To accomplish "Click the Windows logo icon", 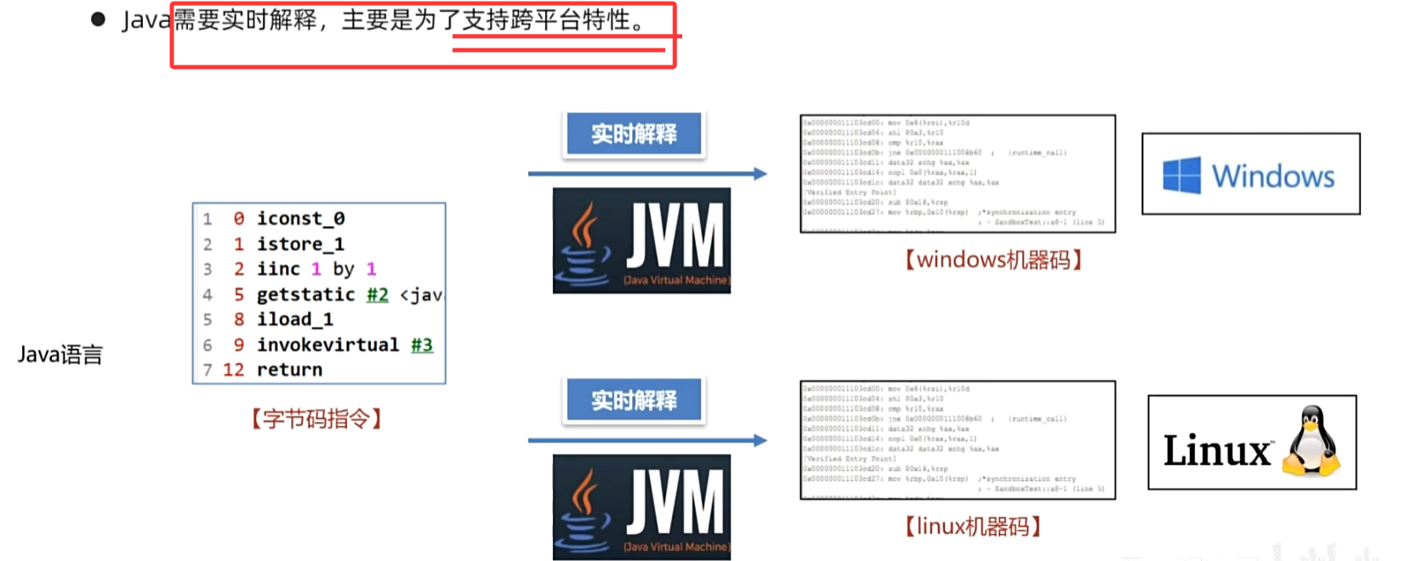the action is click(x=1182, y=175).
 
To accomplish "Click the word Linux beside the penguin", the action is click(x=1217, y=450).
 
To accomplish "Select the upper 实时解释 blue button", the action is click(x=634, y=134).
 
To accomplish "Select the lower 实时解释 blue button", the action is click(x=634, y=400).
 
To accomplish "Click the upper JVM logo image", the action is click(x=641, y=241).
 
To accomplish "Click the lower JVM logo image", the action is click(x=641, y=507).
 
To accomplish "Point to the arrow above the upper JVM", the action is click(x=646, y=173).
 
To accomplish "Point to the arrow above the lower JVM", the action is click(x=646, y=440).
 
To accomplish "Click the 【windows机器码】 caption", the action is click(x=993, y=259).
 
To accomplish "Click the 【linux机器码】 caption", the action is click(x=972, y=526).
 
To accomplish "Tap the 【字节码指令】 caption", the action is click(x=316, y=418).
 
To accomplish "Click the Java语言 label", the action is click(x=60, y=354).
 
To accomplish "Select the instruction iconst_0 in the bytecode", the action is click(x=300, y=218).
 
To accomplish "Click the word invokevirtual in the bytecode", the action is click(x=327, y=344).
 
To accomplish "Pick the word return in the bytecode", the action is click(x=289, y=370).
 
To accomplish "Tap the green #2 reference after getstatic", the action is click(x=378, y=294).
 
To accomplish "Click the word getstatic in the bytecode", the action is click(x=305, y=294).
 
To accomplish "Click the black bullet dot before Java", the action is click(x=98, y=20).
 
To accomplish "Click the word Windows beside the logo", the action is click(x=1273, y=176).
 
